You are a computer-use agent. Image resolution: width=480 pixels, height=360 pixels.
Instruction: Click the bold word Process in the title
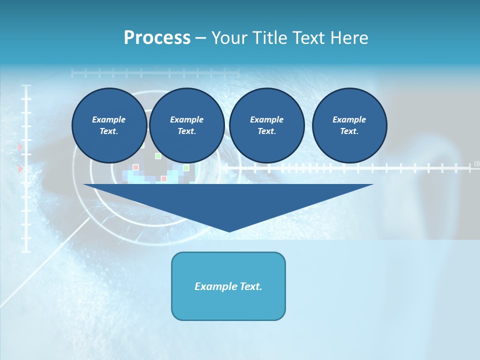(x=157, y=38)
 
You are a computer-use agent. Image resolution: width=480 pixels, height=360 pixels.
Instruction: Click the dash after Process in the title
(x=200, y=38)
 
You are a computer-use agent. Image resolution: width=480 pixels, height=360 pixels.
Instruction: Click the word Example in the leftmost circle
(x=108, y=119)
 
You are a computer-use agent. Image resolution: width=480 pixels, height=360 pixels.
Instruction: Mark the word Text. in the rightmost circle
(x=349, y=131)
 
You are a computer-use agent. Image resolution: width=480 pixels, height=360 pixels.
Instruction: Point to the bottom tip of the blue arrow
(x=228, y=231)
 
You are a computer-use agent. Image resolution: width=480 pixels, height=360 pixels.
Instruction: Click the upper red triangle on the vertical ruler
(x=20, y=147)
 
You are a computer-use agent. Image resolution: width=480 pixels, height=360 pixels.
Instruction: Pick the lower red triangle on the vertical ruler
(x=20, y=169)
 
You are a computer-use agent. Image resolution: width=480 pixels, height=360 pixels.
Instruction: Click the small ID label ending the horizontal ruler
(x=476, y=163)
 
